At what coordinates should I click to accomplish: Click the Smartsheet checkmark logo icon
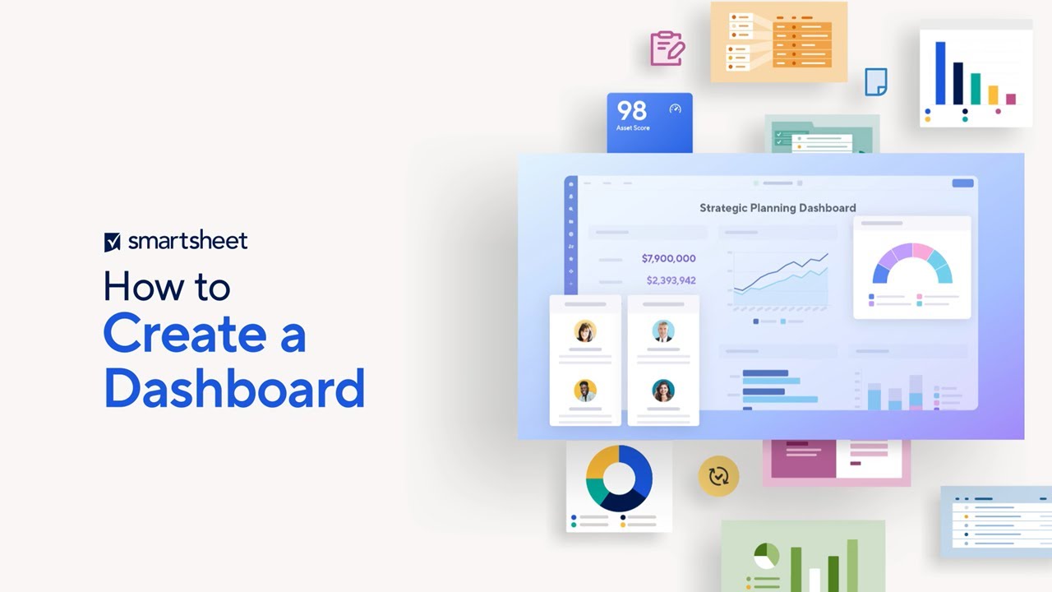(113, 242)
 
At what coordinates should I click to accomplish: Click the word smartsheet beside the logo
(187, 241)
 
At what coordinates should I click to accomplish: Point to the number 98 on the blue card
(632, 110)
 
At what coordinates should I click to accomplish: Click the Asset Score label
(633, 128)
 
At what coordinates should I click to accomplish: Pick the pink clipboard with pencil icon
(667, 49)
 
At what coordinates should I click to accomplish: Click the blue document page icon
(876, 81)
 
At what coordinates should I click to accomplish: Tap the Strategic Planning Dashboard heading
(777, 208)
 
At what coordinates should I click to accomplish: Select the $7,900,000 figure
(668, 258)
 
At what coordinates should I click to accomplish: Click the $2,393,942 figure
(671, 280)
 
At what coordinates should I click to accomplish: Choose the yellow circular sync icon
(718, 476)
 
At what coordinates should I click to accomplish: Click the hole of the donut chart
(619, 478)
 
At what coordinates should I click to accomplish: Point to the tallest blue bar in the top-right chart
(940, 73)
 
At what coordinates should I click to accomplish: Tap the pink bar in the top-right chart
(1011, 99)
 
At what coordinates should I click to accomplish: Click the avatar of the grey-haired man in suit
(663, 331)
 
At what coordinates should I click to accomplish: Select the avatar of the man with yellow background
(585, 391)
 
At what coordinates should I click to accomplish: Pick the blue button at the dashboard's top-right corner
(962, 183)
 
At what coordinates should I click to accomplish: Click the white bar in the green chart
(814, 579)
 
